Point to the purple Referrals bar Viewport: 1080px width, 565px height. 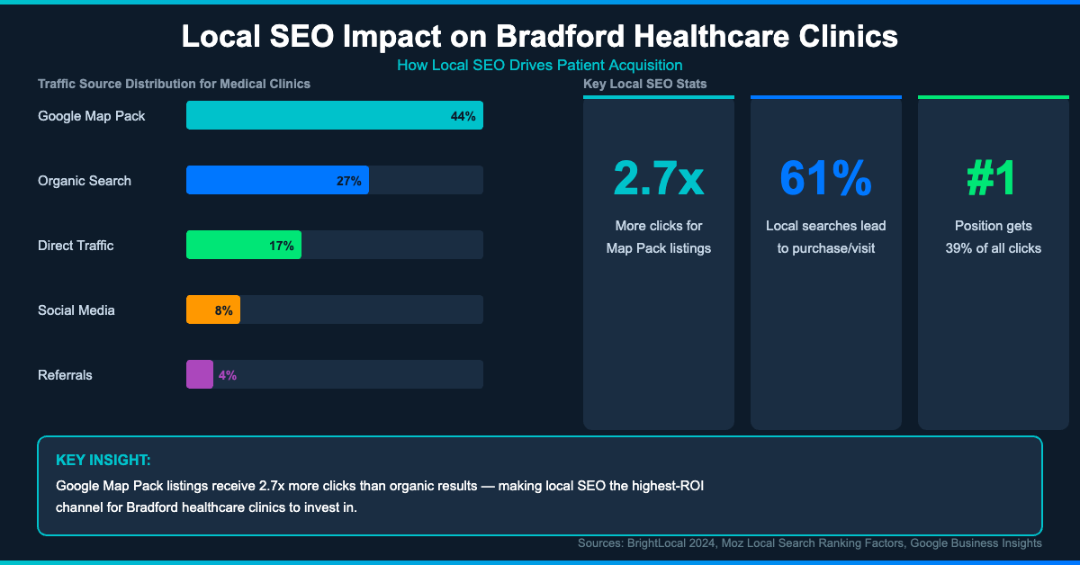point(199,374)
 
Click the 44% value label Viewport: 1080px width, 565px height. point(463,116)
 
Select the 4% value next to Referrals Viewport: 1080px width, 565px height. point(227,375)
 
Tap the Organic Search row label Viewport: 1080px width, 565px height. point(85,181)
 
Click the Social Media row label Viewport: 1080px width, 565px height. point(76,310)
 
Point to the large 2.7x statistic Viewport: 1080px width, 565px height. point(658,178)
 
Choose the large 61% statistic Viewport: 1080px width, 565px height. point(825,178)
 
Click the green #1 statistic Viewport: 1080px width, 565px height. point(992,178)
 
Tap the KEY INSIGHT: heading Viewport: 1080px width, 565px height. point(103,460)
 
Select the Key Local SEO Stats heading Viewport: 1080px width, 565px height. point(644,84)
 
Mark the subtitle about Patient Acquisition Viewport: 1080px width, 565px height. point(539,65)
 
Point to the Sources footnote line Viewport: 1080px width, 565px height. point(809,543)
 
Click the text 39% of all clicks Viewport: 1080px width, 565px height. point(993,248)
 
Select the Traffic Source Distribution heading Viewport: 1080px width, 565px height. point(174,84)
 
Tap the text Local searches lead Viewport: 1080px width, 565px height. point(825,226)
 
